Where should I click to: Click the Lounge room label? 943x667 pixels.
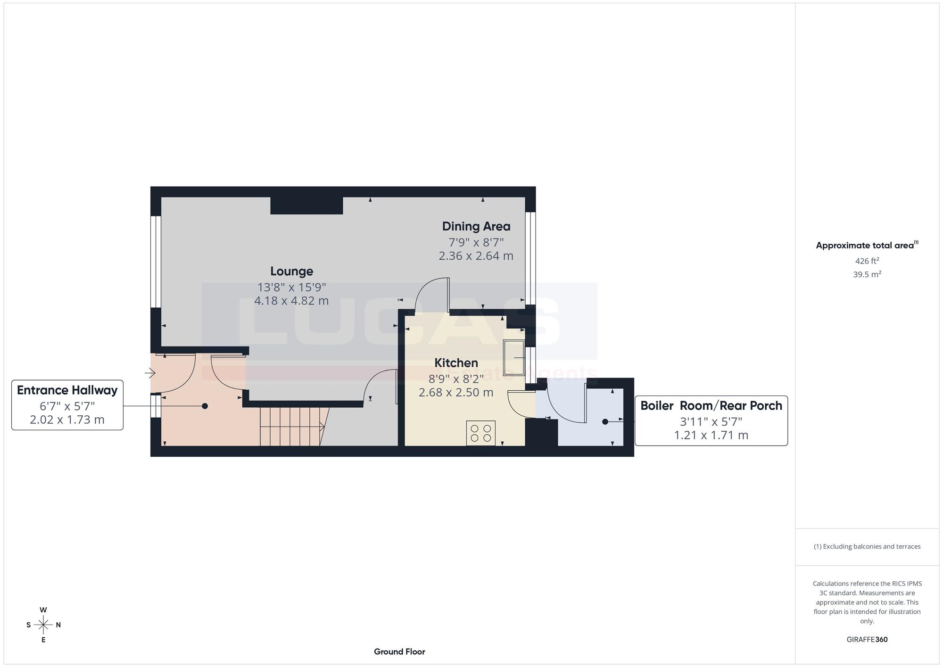[x=291, y=271]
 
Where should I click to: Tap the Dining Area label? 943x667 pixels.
[x=476, y=226]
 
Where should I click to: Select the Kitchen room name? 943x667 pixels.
[x=456, y=363]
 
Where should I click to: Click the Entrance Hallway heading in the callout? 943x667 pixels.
[x=67, y=390]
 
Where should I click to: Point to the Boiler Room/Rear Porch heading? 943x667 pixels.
[x=711, y=405]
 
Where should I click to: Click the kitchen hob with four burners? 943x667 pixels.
[x=481, y=433]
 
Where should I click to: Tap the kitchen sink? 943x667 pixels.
[x=514, y=357]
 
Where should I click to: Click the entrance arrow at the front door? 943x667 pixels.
[x=150, y=373]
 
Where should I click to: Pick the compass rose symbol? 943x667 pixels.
[x=43, y=625]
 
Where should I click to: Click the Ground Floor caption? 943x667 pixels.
[x=399, y=652]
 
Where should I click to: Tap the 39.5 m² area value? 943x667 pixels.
[x=867, y=274]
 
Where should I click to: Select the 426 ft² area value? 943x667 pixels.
[x=867, y=261]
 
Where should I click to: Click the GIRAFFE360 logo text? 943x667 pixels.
[x=867, y=640]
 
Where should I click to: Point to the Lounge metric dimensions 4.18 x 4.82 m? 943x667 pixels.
[x=291, y=301]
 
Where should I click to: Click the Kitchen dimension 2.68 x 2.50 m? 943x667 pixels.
[x=456, y=392]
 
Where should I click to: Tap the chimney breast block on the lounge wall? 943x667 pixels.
[x=306, y=206]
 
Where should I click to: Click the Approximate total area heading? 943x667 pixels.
[x=867, y=245]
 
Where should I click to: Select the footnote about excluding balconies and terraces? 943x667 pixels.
[x=867, y=547]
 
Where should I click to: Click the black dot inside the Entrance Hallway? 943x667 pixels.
[x=205, y=406]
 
